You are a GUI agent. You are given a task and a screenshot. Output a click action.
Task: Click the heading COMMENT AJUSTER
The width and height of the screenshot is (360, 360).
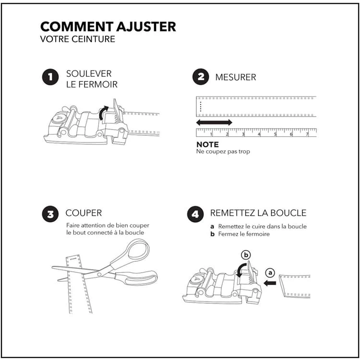tap(108, 26)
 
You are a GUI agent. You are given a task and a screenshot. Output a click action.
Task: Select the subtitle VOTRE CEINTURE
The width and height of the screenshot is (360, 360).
tap(78, 39)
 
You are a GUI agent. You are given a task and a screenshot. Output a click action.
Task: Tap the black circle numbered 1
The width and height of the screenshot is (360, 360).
tap(50, 77)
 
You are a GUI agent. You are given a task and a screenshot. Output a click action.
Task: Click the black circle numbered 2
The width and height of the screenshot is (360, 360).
tap(201, 77)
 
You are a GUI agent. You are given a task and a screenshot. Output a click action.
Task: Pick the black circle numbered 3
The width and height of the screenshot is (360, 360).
tap(50, 214)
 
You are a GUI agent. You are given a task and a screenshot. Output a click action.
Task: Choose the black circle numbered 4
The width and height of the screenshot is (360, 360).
tap(195, 214)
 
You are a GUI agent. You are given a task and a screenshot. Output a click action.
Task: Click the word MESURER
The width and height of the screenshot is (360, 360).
tap(235, 77)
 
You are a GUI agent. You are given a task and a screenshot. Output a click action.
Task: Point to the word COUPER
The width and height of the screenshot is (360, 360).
tap(84, 213)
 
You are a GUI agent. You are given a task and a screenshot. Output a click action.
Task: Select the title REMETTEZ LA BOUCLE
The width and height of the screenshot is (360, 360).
tap(258, 213)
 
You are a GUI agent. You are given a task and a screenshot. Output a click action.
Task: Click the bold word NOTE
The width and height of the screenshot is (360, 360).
tap(207, 144)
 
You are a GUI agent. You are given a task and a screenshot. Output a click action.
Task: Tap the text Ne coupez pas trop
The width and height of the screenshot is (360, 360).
tap(223, 152)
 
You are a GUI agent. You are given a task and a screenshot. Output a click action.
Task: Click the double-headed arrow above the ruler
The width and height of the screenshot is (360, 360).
tap(214, 123)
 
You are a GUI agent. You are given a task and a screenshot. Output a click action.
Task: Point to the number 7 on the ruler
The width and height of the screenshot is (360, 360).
tap(307, 134)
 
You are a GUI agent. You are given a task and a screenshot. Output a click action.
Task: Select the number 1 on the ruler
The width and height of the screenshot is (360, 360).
tap(212, 134)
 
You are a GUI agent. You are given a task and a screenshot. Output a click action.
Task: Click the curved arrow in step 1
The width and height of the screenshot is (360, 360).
tap(102, 113)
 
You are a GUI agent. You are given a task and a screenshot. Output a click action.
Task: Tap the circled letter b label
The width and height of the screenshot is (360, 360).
tap(246, 254)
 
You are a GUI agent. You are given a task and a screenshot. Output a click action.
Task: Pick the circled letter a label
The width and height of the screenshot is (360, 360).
tap(270, 273)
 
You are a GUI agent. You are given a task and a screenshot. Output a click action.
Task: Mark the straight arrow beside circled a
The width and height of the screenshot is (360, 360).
tap(270, 283)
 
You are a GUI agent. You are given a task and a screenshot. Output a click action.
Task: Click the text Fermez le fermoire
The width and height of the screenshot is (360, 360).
tap(243, 234)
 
